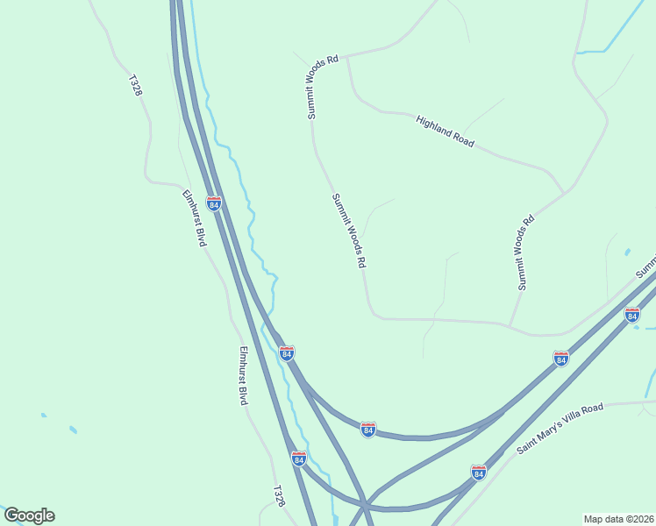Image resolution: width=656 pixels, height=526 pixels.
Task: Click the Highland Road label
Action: point(446,131)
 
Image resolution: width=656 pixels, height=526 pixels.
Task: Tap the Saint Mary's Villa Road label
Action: point(560,429)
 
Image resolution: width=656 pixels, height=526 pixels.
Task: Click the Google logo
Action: point(29,515)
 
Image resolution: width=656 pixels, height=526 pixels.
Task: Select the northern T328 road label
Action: point(135,85)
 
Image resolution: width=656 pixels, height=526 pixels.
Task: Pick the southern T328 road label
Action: point(278,496)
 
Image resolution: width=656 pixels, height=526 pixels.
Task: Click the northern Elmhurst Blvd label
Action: point(194,218)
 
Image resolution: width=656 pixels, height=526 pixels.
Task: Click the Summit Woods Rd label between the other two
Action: point(348,231)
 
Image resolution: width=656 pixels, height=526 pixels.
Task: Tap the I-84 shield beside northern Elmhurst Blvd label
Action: point(214,203)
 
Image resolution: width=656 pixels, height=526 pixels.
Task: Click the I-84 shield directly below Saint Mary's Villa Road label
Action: point(478,473)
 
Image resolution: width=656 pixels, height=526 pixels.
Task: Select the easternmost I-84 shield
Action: point(632,314)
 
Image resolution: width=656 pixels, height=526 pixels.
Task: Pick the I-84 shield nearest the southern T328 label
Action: point(298,458)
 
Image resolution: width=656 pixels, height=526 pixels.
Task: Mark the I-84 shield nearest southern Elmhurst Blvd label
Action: point(287,352)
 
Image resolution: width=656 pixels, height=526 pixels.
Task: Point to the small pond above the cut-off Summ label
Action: point(628,252)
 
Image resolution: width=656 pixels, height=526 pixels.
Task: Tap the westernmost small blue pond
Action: point(43,415)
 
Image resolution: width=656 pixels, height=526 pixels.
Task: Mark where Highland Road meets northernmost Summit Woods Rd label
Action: point(348,59)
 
